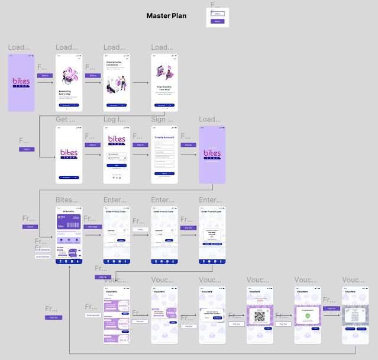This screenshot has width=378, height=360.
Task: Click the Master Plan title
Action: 166,15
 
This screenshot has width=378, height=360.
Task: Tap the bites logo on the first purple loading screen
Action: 21,83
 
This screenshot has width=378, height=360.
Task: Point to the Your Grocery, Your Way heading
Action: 164,87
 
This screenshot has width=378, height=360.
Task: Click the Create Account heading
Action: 164,136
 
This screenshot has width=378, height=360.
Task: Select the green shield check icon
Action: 307,316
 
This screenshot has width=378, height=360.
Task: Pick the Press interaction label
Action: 140,229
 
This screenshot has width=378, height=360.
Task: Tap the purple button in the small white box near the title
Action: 217,21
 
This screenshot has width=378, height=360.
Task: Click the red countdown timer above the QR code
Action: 259,300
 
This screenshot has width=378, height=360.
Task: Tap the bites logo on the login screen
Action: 116,142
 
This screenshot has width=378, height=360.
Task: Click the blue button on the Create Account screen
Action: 164,173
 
